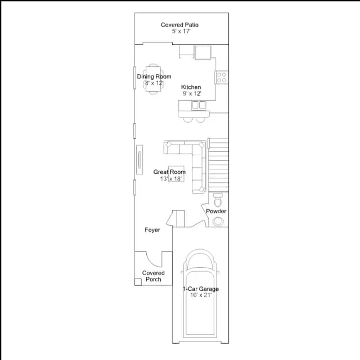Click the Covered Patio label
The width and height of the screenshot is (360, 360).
point(179,25)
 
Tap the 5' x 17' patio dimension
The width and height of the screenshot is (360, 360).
point(181,31)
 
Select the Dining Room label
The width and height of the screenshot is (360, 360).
point(154,76)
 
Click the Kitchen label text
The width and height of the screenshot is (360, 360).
point(191,87)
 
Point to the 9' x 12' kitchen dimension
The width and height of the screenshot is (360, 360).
point(192,93)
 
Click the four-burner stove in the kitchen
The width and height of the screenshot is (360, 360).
point(222,78)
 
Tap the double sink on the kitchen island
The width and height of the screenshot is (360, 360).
point(199,105)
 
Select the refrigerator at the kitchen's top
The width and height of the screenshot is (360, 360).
point(203,52)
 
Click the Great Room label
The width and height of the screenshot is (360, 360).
point(169,172)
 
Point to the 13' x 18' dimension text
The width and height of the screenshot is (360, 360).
point(171,179)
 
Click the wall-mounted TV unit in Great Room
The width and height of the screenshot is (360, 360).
point(139,160)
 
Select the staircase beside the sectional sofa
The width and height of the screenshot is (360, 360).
point(218,165)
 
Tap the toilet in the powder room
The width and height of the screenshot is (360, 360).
point(218,200)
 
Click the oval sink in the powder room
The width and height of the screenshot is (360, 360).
point(218,222)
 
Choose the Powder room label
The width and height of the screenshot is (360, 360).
point(216,211)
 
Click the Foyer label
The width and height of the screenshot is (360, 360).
point(152,230)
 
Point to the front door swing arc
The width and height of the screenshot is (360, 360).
point(151,262)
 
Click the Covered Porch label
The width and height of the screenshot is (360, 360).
point(154,276)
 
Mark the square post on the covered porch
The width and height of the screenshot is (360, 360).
point(138,282)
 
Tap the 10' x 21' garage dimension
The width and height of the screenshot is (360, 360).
point(201,295)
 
